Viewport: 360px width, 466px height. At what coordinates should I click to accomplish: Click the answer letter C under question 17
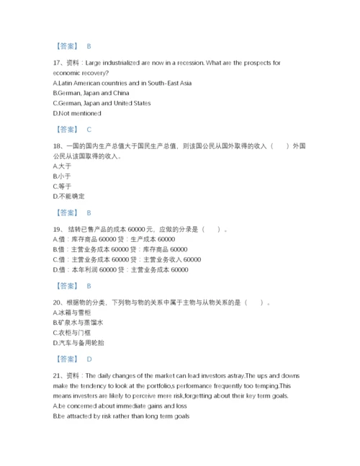point(88,130)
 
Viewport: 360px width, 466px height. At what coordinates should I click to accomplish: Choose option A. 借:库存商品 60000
point(114,239)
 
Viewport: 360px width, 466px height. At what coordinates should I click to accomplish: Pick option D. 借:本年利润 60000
point(120,269)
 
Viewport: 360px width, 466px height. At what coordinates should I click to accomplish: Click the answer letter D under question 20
point(88,359)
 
